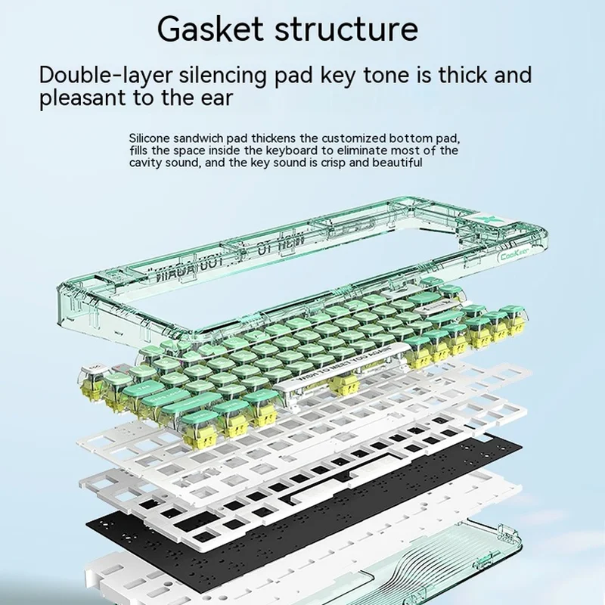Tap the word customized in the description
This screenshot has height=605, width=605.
click(352, 139)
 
